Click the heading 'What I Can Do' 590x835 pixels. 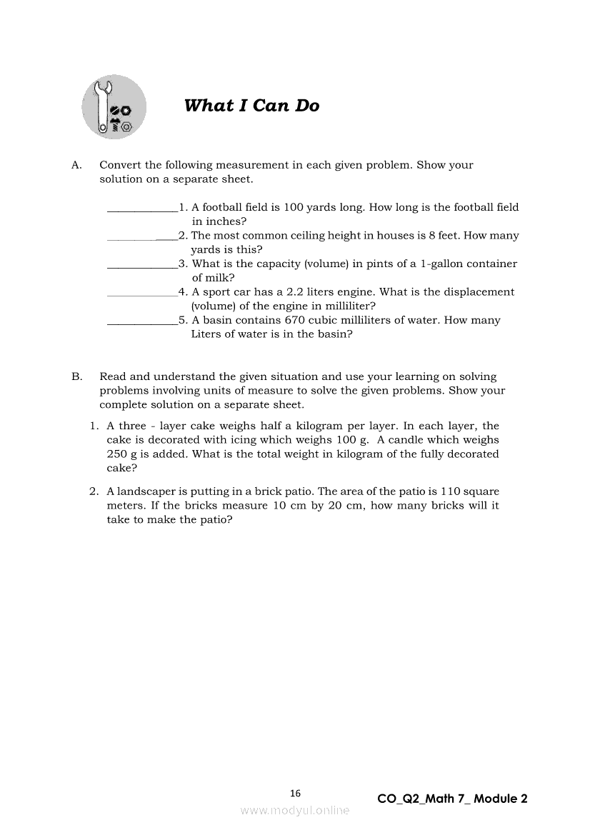coord(251,106)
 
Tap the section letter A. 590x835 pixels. coord(76,165)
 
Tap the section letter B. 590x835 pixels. coord(76,376)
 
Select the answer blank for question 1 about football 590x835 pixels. coord(142,209)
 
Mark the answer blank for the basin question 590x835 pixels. coord(142,321)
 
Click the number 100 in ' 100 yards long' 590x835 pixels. coord(294,207)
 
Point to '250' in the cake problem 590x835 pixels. coord(117,454)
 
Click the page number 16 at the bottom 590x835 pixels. coord(296,793)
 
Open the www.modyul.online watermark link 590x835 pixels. coord(295,810)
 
